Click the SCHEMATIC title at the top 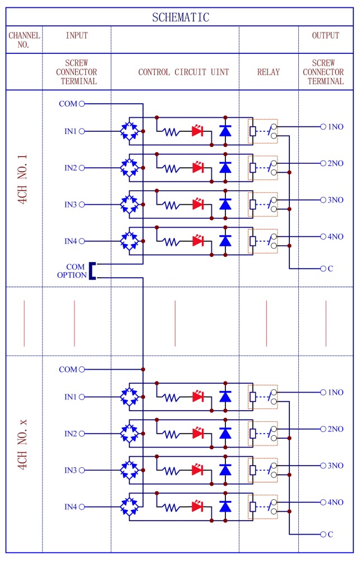tap(180, 17)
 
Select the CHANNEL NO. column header tap(24, 40)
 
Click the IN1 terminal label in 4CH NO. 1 tap(70, 131)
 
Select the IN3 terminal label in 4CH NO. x tap(70, 470)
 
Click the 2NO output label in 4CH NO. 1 tap(335, 163)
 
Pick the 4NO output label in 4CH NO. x tap(335, 502)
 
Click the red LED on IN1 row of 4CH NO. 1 tap(197, 131)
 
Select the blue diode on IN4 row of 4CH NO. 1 tap(225, 241)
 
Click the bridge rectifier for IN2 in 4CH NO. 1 tap(130, 168)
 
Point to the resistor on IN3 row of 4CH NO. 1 tap(170, 205)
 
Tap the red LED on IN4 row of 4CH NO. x tap(197, 507)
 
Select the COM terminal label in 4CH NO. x tap(68, 369)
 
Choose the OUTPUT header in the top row tap(326, 35)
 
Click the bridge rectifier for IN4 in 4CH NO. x tap(130, 507)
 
